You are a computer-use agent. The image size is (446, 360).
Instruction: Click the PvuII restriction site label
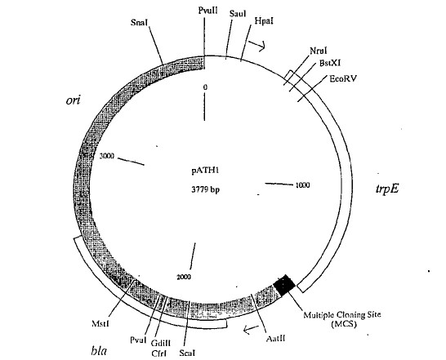(x=208, y=11)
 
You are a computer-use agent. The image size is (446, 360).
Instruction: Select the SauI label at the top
(x=238, y=14)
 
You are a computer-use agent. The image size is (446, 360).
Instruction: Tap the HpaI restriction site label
(x=264, y=21)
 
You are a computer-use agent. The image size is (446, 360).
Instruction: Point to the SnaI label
(x=140, y=22)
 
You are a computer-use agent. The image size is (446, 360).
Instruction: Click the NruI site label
(x=319, y=51)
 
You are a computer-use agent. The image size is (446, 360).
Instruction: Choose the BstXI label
(x=330, y=63)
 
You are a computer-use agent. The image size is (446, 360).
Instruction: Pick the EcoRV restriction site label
(x=343, y=78)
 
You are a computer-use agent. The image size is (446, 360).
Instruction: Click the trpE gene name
(x=387, y=189)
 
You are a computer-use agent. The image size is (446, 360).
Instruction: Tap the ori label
(x=73, y=100)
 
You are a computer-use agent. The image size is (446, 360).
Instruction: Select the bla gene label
(x=100, y=351)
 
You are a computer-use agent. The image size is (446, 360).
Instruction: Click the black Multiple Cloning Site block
(x=284, y=285)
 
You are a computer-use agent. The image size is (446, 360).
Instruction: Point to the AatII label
(x=275, y=339)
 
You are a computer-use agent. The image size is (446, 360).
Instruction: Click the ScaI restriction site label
(x=187, y=353)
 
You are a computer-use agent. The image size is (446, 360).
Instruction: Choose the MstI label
(x=100, y=323)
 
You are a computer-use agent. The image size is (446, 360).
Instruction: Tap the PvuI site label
(x=138, y=340)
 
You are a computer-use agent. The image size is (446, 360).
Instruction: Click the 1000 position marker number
(x=302, y=185)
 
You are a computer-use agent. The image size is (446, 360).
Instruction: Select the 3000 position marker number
(x=107, y=156)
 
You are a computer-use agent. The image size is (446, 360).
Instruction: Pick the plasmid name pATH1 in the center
(x=205, y=171)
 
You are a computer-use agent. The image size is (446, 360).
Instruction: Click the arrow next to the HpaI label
(x=257, y=46)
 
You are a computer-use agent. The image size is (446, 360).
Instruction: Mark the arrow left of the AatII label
(x=251, y=329)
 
